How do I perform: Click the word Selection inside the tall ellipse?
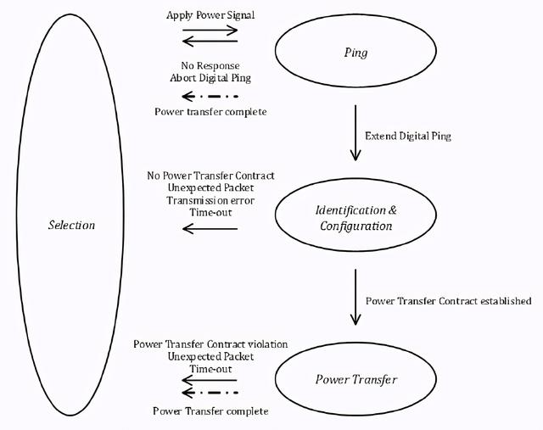[x=71, y=225]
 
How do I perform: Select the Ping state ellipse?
[x=356, y=53]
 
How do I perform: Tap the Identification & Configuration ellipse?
[x=356, y=218]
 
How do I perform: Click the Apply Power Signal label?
[x=210, y=14]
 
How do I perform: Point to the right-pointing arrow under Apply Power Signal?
[x=210, y=29]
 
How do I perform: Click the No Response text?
[x=210, y=65]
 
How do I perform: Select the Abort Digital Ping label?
[x=210, y=78]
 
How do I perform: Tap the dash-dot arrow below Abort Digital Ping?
[x=210, y=95]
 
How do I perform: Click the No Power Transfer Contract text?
[x=210, y=176]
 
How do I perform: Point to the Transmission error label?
[x=210, y=202]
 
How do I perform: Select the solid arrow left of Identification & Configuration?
[x=210, y=227]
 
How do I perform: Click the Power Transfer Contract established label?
[x=448, y=301]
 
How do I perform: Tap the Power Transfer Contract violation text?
[x=210, y=343]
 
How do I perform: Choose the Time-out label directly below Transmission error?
[x=210, y=215]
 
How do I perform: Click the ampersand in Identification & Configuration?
[x=392, y=210]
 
